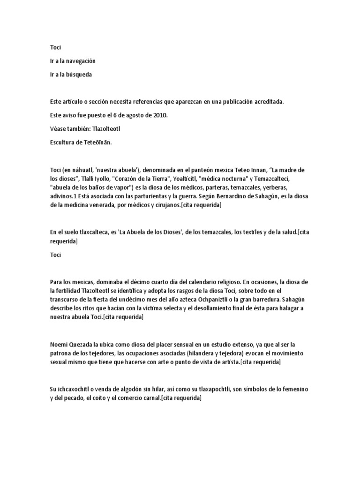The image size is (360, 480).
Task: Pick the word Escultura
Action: pyautogui.click(x=63, y=142)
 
